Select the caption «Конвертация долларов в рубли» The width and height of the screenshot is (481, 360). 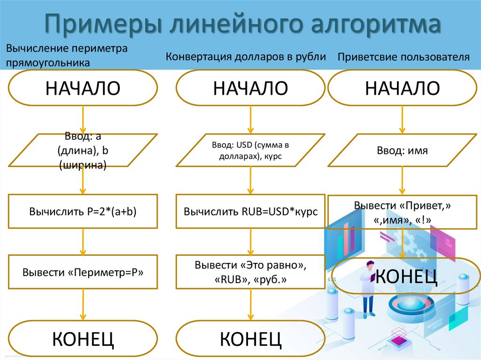[x=246, y=57]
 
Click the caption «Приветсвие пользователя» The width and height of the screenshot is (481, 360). [x=403, y=57]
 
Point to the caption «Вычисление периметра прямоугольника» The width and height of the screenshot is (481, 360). [x=67, y=55]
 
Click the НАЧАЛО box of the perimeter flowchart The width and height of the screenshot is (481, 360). [x=83, y=88]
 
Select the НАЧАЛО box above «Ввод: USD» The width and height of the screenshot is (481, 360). [x=250, y=88]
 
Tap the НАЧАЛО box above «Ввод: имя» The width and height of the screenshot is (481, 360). [x=403, y=88]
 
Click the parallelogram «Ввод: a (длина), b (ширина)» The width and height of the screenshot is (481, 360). [x=83, y=150]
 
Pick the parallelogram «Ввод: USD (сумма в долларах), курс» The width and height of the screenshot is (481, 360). [x=250, y=150]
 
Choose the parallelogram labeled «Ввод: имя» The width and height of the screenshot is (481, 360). [x=403, y=150]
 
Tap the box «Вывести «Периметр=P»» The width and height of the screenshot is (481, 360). [x=83, y=272]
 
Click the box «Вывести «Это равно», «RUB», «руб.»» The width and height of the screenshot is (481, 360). [x=250, y=272]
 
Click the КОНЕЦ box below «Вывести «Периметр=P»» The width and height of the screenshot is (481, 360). [x=83, y=337]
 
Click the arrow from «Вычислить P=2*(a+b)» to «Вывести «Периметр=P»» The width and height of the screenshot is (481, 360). [x=83, y=241]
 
